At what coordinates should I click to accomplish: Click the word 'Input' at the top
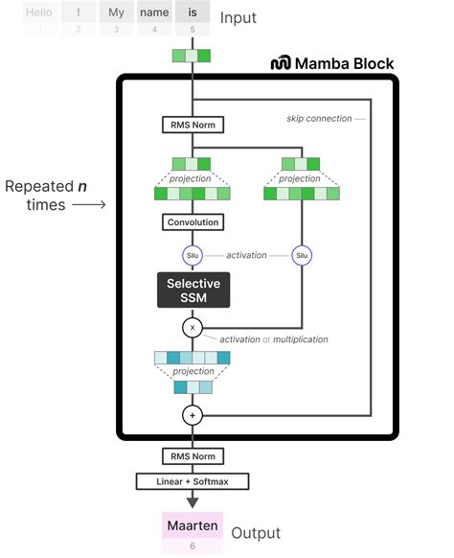point(239,18)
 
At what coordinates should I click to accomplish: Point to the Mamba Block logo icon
point(282,63)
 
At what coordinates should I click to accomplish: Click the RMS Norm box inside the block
point(193,124)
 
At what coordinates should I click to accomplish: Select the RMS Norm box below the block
point(193,456)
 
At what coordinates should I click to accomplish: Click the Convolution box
point(193,222)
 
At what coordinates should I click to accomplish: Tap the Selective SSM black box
point(193,290)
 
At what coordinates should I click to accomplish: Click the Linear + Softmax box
point(193,480)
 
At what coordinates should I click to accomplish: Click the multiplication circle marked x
point(193,327)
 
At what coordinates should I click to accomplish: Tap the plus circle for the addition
point(193,415)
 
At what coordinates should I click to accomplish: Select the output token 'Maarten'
point(193,526)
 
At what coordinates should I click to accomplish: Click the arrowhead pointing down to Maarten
point(193,500)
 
